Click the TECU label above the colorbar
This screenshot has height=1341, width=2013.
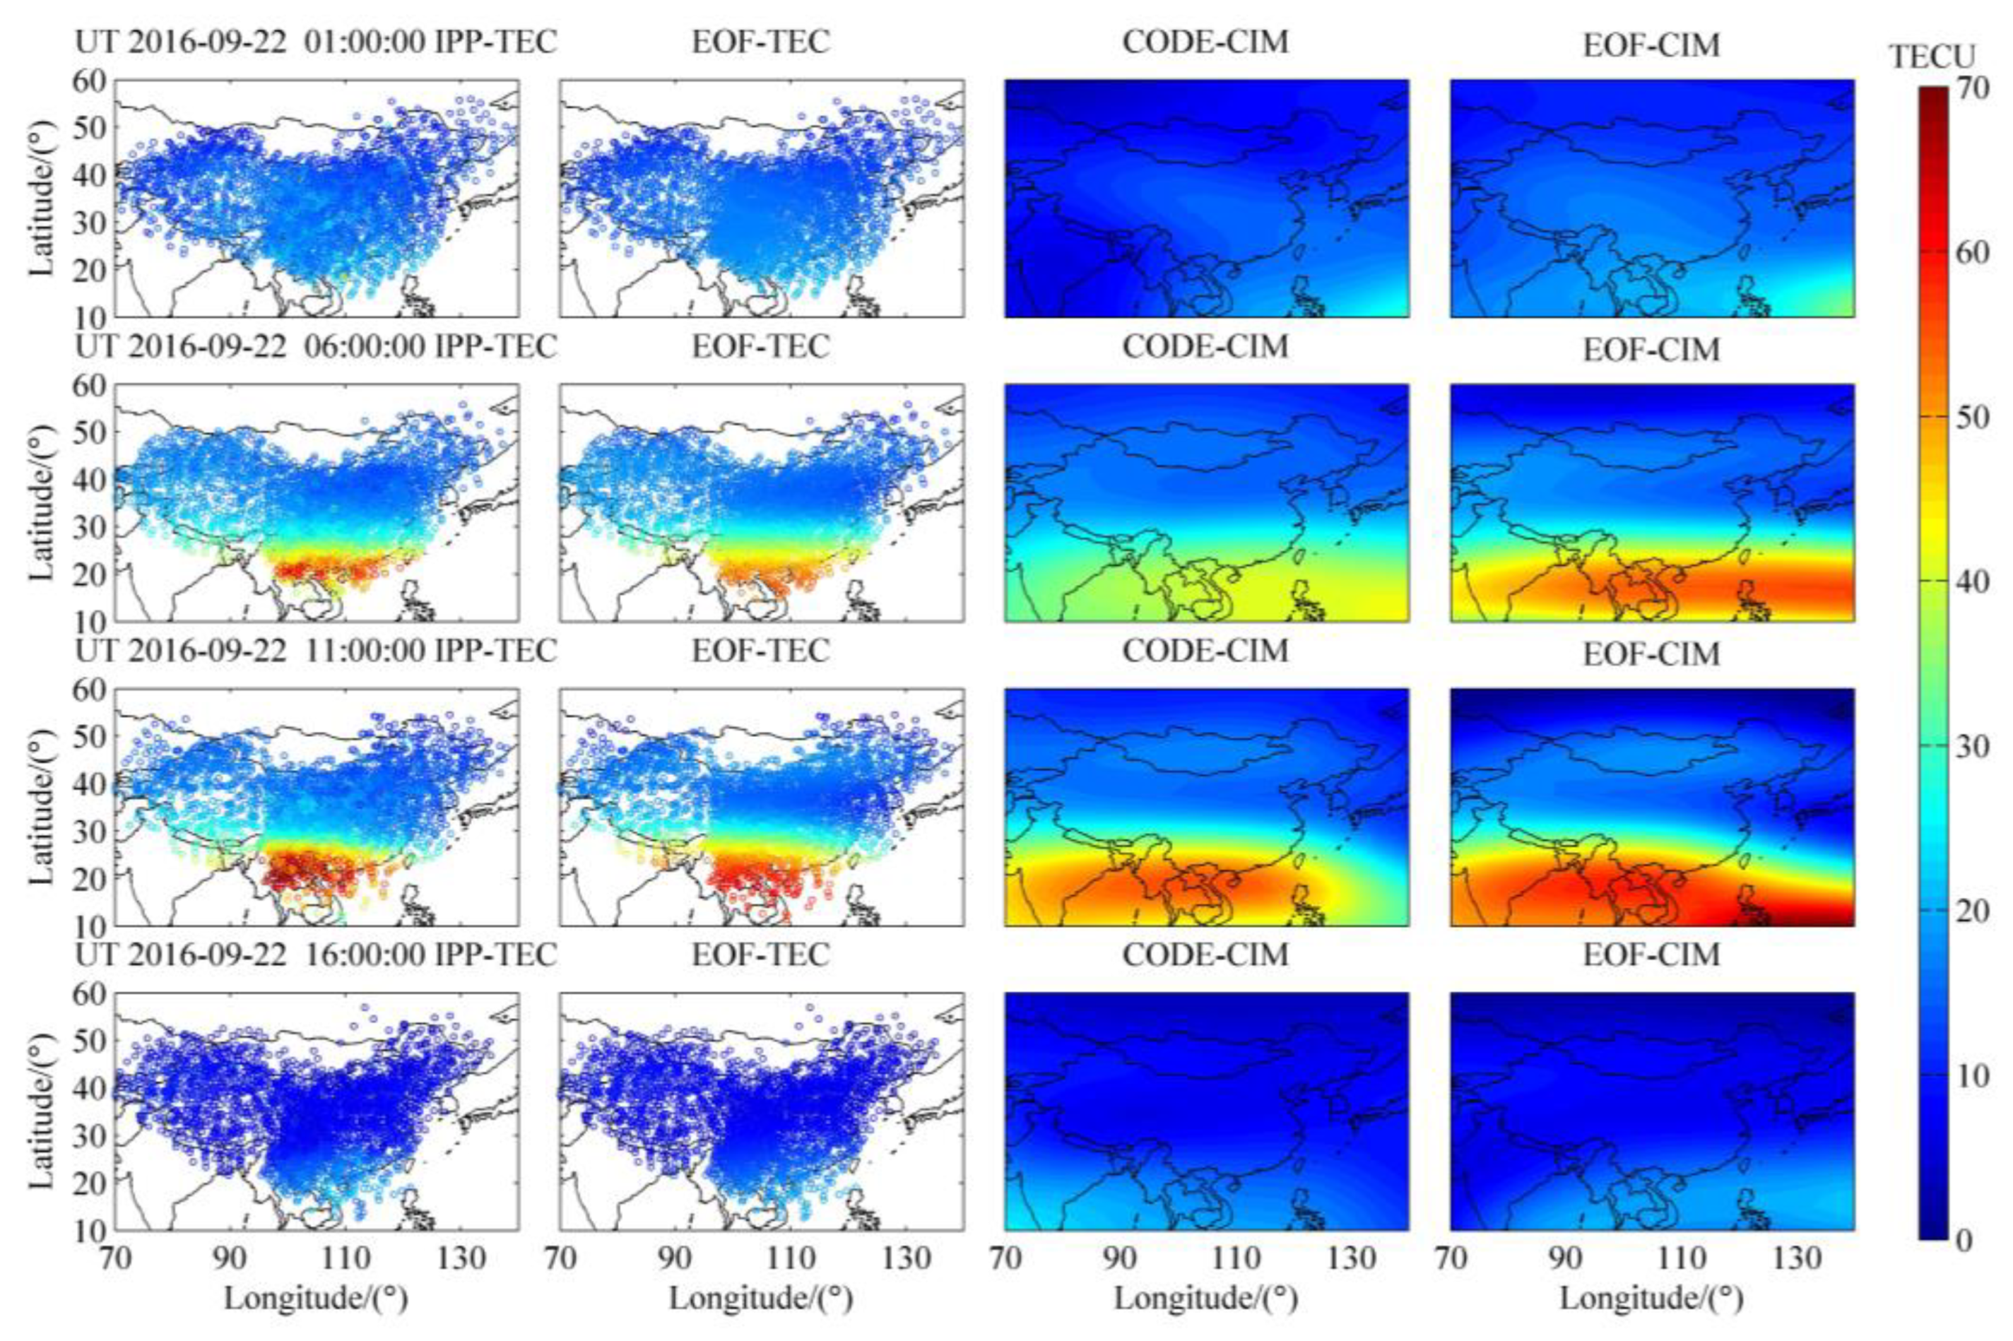pyautogui.click(x=1932, y=57)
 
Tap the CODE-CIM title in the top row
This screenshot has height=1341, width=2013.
pyautogui.click(x=1205, y=42)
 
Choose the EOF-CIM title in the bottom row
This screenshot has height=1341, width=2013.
pyautogui.click(x=1651, y=955)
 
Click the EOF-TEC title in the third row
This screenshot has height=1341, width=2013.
pyautogui.click(x=760, y=651)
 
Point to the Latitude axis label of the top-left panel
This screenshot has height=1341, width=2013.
pyautogui.click(x=42, y=199)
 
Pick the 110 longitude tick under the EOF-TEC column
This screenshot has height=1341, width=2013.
pyautogui.click(x=791, y=1259)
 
